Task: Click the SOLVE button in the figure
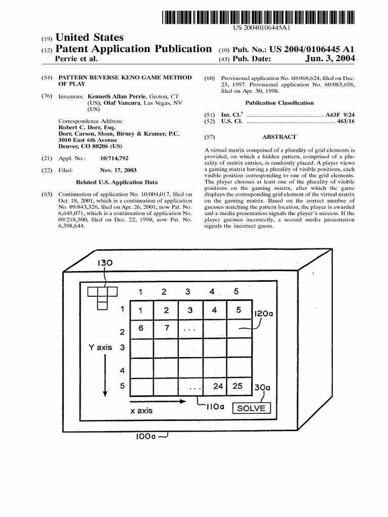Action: click(251, 408)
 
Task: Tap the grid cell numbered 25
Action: click(238, 386)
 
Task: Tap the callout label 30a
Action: click(262, 388)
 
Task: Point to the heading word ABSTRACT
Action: click(279, 137)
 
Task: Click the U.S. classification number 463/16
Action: click(345, 122)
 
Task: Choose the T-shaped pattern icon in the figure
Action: click(102, 297)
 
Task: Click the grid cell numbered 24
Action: click(218, 386)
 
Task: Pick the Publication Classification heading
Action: click(279, 102)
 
